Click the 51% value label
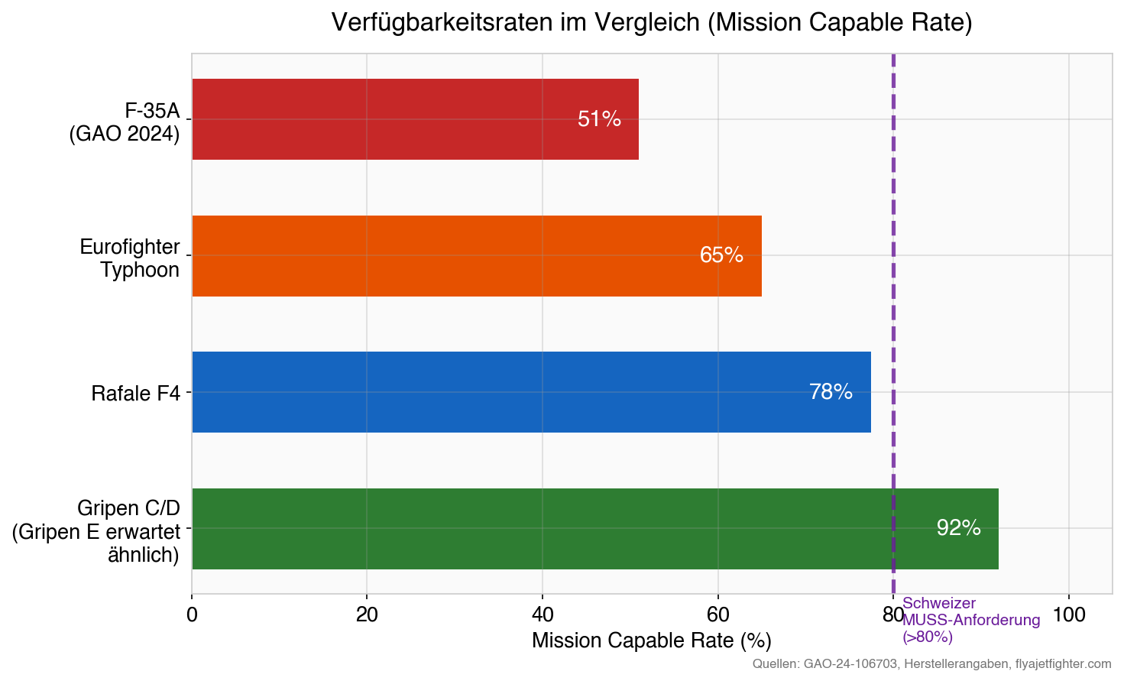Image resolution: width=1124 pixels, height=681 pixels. (x=599, y=119)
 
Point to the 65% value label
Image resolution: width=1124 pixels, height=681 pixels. (x=721, y=255)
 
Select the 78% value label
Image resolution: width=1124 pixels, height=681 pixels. (x=831, y=392)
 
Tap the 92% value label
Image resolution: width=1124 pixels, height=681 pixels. (x=958, y=528)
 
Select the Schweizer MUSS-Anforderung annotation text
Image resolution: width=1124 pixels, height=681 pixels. (x=970, y=620)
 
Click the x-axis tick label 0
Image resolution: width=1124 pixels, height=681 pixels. (x=192, y=615)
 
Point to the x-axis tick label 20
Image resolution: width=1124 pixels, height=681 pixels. (x=367, y=615)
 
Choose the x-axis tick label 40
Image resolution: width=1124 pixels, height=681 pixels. (x=543, y=615)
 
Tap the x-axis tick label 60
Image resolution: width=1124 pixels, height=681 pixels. (x=717, y=615)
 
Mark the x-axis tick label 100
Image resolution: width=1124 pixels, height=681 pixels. (x=1068, y=615)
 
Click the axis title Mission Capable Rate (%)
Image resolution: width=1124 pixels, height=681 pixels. (x=651, y=640)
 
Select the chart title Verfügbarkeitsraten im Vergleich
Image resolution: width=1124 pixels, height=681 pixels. (x=651, y=22)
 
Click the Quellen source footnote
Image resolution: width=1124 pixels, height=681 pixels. (x=931, y=664)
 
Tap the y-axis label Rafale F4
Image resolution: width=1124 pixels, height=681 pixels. (x=136, y=394)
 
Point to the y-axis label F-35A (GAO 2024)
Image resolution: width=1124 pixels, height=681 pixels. (x=125, y=122)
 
